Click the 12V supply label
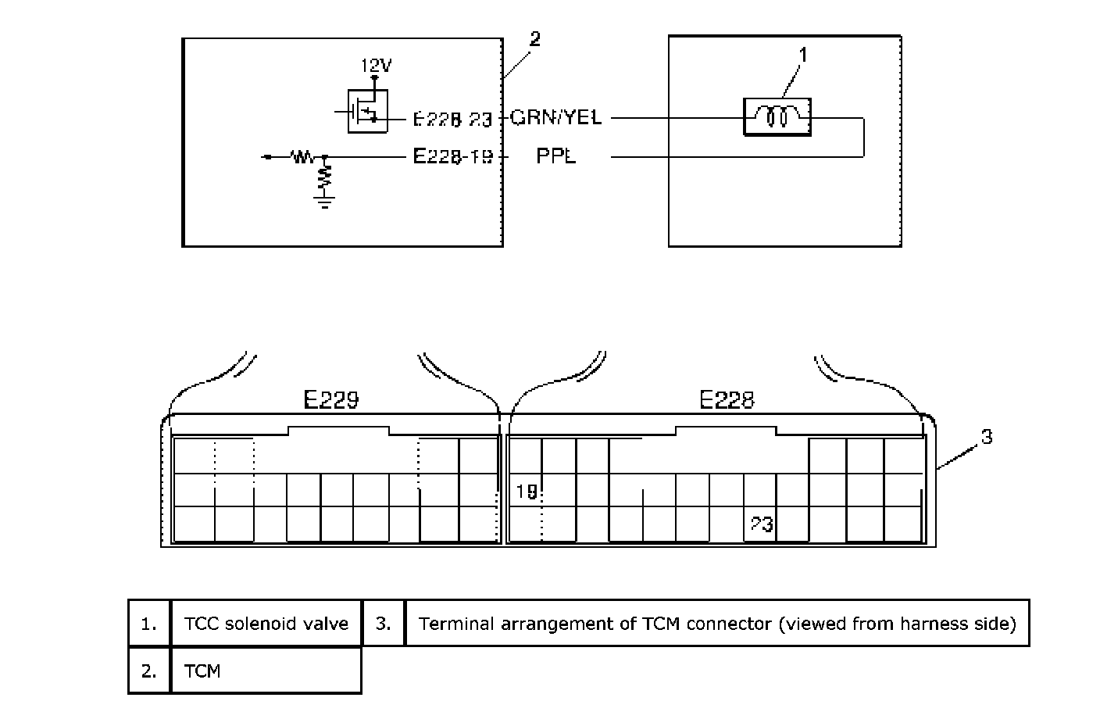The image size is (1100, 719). pos(376,66)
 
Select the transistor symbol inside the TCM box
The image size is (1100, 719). pos(366,111)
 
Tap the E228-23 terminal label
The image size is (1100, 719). pos(452,119)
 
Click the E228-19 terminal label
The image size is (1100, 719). pos(452,156)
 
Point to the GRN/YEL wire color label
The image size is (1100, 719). pos(556,118)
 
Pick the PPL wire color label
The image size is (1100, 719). pos(555,156)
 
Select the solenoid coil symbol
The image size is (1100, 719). pos(777,116)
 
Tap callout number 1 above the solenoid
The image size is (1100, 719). pos(802,54)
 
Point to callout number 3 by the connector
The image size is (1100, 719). pos(987,437)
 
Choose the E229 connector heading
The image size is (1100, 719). pos(331,401)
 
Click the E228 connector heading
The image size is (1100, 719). pos(727,401)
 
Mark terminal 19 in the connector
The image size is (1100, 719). pos(527,492)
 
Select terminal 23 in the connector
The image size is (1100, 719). pos(761,524)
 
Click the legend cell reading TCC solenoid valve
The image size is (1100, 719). pos(266,624)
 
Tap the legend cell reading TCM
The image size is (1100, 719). pos(202,671)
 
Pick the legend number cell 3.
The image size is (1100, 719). pos(383,624)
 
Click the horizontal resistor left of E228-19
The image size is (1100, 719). pos(302,157)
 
